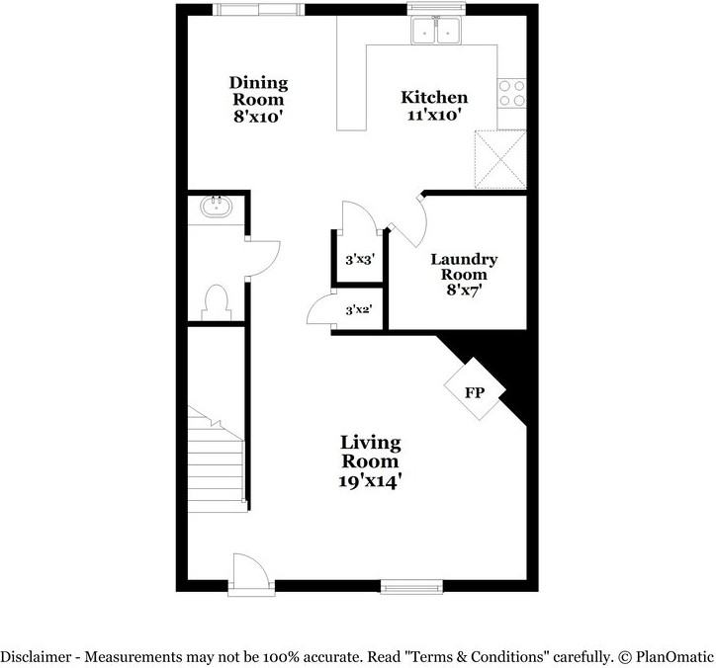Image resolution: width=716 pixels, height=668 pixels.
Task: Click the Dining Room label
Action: pyautogui.click(x=258, y=100)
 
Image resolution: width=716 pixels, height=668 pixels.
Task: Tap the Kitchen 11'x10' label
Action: pyautogui.click(x=434, y=106)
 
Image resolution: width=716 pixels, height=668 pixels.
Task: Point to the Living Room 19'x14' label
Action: pyautogui.click(x=371, y=461)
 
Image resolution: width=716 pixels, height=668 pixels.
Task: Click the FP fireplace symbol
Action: pyautogui.click(x=475, y=391)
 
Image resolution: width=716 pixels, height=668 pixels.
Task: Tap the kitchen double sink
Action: pyautogui.click(x=437, y=32)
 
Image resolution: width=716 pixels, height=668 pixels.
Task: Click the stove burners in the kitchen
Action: pyautogui.click(x=512, y=93)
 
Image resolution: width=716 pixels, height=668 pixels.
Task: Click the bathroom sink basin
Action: pyautogui.click(x=216, y=209)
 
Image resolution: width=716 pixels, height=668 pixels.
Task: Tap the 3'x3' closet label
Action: pyautogui.click(x=358, y=260)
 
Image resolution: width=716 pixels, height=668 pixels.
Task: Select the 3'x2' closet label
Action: pyautogui.click(x=357, y=310)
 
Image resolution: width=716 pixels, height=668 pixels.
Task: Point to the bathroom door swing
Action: pyautogui.click(x=264, y=258)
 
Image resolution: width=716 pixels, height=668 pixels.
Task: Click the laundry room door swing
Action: pyautogui.click(x=407, y=219)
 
